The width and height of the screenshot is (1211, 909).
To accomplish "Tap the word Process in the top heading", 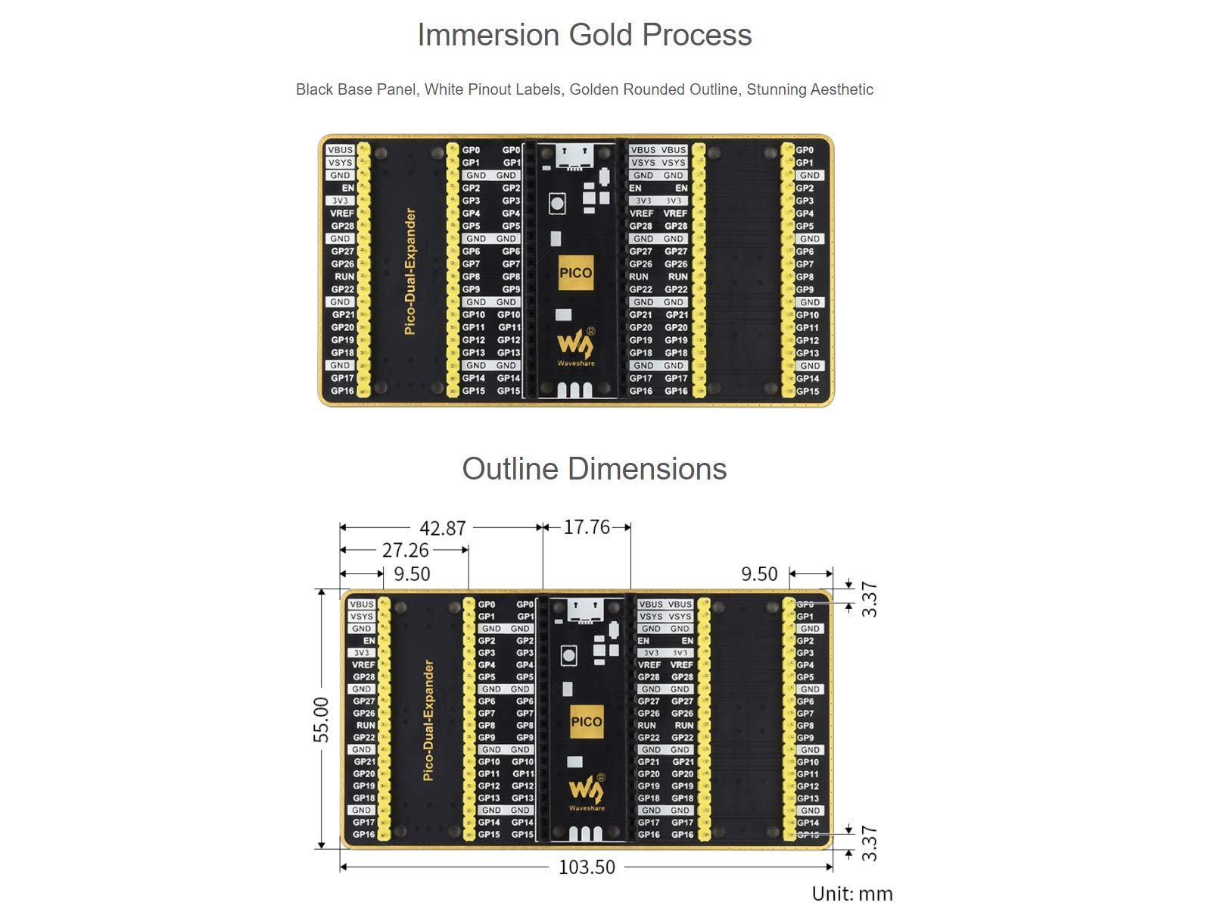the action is (x=697, y=36).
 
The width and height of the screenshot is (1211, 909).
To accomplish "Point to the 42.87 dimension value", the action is (x=443, y=528).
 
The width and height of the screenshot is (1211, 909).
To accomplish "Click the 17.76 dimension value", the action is (x=587, y=527).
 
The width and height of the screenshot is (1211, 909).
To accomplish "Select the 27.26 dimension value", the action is (x=405, y=550).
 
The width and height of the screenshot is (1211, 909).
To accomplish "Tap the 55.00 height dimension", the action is (x=321, y=719).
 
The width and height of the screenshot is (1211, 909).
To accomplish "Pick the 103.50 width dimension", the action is (x=587, y=867).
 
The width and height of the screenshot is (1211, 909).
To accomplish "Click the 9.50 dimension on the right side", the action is (x=759, y=574).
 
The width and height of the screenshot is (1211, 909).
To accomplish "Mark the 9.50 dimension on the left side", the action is (x=412, y=574).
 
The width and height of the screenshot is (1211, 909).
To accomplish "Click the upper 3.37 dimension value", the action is (x=869, y=599).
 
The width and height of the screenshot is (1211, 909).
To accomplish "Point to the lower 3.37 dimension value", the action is (x=869, y=843).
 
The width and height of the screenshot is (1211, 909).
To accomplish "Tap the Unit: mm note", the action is (x=851, y=894).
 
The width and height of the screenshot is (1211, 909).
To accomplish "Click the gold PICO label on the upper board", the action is (x=576, y=273).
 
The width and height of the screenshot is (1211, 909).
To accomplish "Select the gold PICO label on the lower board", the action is (x=587, y=721).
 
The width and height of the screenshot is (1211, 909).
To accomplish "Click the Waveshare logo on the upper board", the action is (x=576, y=347).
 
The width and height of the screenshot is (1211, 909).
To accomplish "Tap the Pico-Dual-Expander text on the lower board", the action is (x=428, y=720).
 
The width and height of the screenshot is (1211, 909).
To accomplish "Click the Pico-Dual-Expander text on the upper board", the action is (x=410, y=271).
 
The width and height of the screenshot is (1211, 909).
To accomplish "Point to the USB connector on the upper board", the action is (x=574, y=157).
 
